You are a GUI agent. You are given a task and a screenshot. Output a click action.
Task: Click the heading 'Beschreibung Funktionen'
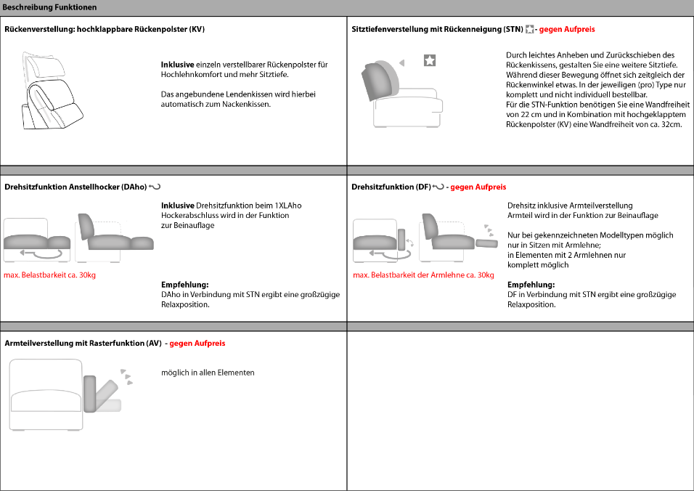(x=49, y=7)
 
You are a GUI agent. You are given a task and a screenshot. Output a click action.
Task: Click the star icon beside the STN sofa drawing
(x=430, y=61)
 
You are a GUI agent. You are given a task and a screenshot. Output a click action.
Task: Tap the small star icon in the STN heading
(x=529, y=30)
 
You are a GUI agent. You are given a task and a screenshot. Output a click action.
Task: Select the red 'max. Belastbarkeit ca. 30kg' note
(x=50, y=275)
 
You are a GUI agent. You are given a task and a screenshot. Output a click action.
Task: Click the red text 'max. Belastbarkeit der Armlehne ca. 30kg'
(x=423, y=275)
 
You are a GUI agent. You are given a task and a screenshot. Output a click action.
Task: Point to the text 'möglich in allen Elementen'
(x=208, y=373)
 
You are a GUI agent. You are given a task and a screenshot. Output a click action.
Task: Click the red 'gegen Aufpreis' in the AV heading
(x=197, y=343)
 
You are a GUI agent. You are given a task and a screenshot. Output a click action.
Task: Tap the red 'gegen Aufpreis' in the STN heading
(x=567, y=30)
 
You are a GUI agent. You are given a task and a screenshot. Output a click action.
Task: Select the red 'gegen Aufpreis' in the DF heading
(x=478, y=187)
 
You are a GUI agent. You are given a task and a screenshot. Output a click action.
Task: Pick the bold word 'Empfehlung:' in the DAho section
(x=185, y=285)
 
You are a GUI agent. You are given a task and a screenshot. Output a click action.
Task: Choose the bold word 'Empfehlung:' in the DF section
(x=531, y=285)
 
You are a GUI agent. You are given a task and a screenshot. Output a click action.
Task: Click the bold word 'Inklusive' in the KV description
(x=178, y=65)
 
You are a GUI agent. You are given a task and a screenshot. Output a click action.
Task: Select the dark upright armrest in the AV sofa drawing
(x=90, y=394)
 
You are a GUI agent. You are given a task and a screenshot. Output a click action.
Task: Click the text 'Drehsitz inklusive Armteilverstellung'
(x=570, y=206)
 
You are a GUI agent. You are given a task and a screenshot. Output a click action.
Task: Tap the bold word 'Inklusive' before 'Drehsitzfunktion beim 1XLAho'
(x=178, y=206)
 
